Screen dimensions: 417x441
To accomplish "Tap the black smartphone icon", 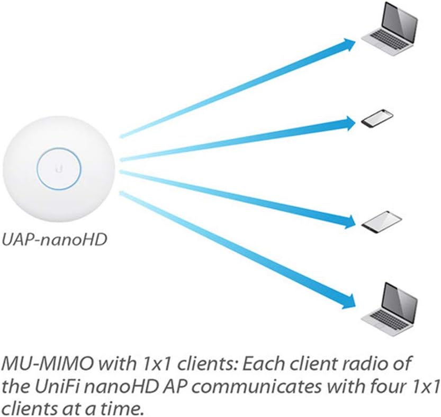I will pyautogui.click(x=377, y=119).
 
